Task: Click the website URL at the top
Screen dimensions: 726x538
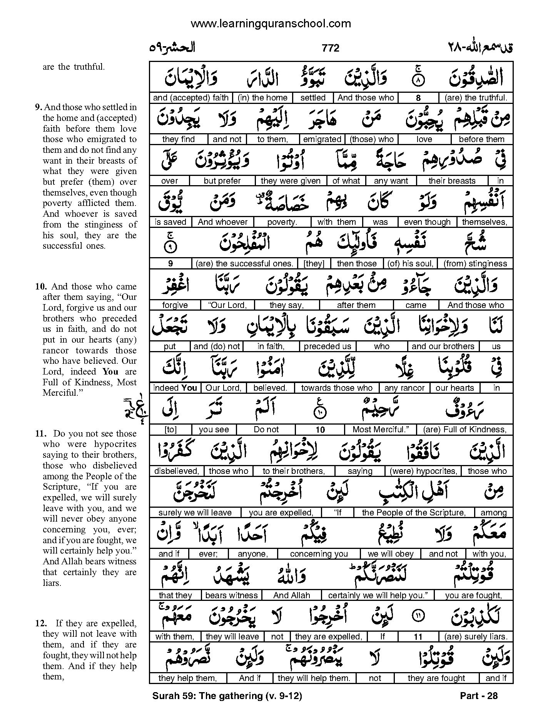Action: (x=271, y=23)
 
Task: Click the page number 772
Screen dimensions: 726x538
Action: (x=331, y=48)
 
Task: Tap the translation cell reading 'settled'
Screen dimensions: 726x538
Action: (x=313, y=98)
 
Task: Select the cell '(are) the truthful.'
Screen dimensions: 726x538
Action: (x=476, y=98)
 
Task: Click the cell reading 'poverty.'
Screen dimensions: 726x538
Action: (x=282, y=222)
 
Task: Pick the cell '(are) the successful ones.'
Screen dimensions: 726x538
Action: (x=245, y=264)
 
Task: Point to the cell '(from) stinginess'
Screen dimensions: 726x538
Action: (x=475, y=264)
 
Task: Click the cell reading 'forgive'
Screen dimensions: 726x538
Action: (x=175, y=305)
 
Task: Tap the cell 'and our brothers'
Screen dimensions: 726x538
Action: (x=443, y=346)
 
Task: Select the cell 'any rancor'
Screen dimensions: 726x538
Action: (x=404, y=388)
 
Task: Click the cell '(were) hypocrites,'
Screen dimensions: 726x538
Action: (x=423, y=471)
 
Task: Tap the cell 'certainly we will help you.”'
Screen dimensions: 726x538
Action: (x=378, y=596)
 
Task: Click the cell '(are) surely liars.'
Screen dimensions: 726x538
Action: (x=476, y=637)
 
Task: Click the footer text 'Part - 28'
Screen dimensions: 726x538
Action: (x=479, y=696)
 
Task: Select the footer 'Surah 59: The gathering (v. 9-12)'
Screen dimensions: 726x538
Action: (x=227, y=696)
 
